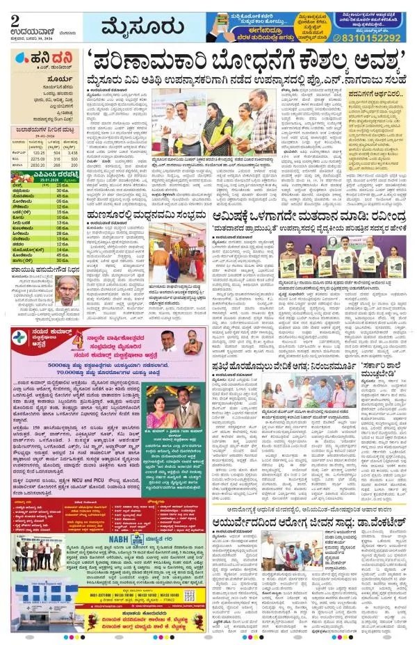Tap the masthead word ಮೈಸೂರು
tap(131, 28)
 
